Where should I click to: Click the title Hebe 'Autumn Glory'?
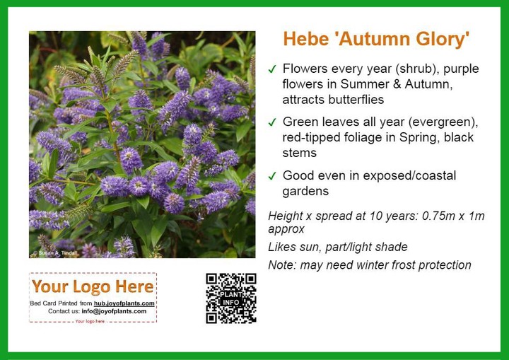coord(376,39)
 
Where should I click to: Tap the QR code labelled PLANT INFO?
coord(230,298)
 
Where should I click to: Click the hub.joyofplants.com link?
coord(124,303)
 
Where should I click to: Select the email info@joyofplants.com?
coord(114,311)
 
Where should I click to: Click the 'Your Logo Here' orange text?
coord(93,286)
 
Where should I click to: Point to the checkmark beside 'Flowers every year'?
coord(272,69)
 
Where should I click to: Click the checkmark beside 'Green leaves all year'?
coord(272,122)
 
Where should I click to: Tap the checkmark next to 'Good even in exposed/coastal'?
coord(272,176)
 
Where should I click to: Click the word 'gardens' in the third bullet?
coord(305,192)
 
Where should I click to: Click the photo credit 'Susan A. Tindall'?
coord(56,252)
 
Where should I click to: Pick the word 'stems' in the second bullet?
coord(299,153)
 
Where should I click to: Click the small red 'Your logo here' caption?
coord(90,321)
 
